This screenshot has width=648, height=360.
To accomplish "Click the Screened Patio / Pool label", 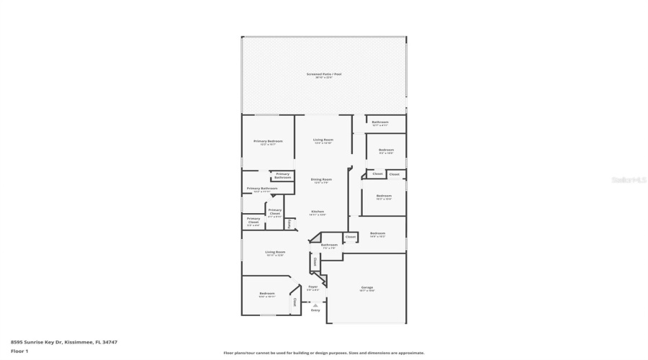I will click(323, 74).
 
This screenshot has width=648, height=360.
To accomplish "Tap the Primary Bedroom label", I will click(268, 141).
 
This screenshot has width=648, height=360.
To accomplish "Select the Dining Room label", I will click(321, 179).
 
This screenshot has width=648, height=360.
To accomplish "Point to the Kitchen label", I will click(318, 212).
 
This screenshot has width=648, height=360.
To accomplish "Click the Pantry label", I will click(289, 224).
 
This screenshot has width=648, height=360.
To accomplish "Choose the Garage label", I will click(367, 288).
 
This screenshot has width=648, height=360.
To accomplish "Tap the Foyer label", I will click(313, 287).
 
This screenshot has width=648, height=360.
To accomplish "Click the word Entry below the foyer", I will click(315, 310).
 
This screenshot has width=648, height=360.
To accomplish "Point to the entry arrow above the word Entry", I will click(315, 305).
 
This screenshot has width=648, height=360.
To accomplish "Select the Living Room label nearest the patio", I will click(323, 140).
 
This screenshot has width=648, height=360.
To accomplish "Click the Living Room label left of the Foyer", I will click(275, 252).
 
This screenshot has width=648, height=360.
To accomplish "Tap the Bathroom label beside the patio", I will click(380, 122).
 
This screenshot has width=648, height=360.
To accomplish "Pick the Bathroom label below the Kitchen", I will click(329, 245).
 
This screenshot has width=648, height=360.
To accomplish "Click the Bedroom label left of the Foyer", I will click(267, 293).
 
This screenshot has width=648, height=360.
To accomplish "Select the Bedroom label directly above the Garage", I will click(378, 233).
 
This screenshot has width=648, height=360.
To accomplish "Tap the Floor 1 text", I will click(19, 351).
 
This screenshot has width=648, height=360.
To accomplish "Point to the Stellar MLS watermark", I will click(629, 180).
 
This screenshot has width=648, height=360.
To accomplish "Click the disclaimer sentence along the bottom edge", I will click(323, 353).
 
